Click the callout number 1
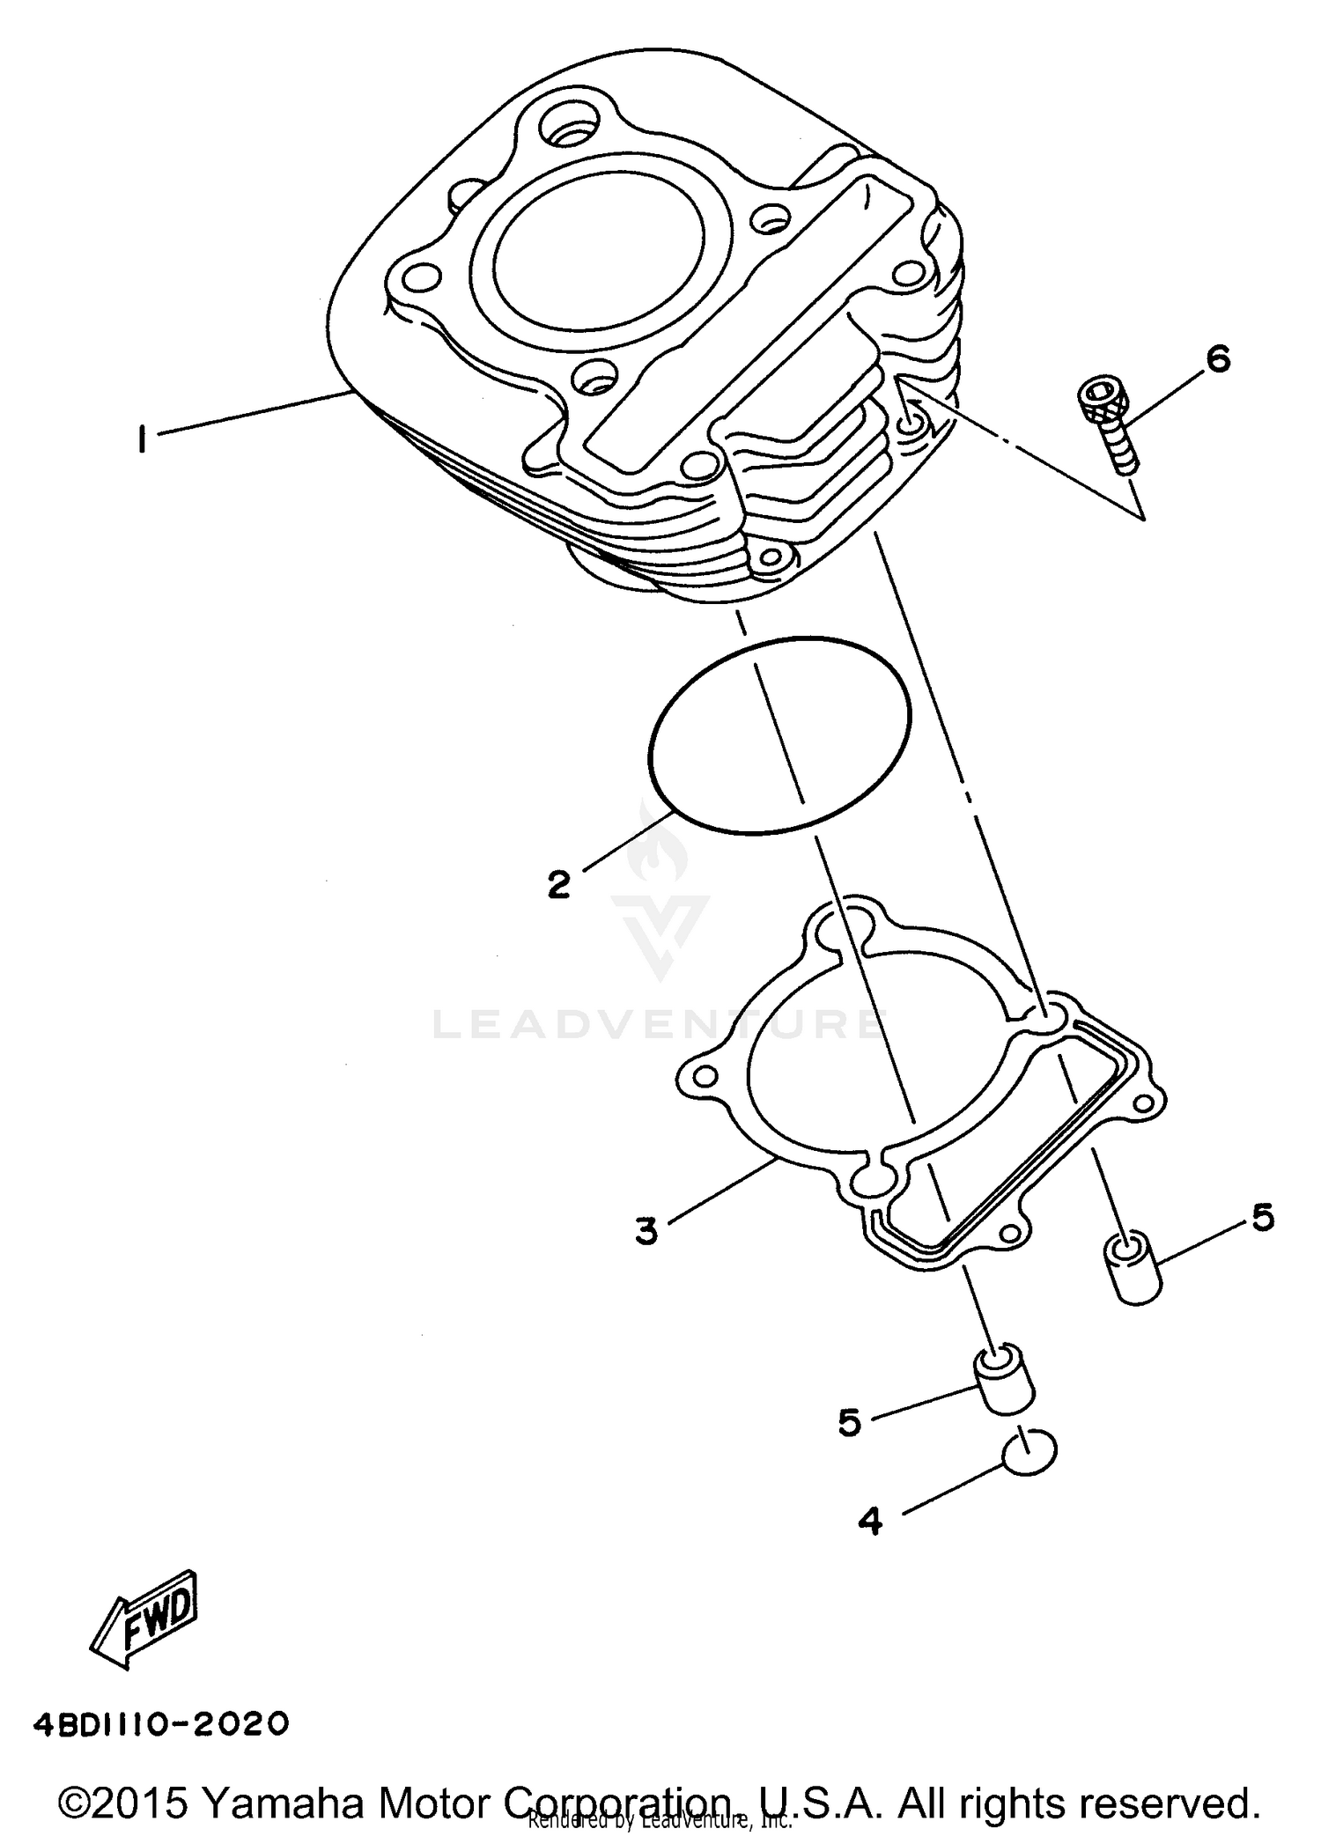click(141, 438)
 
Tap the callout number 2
click(558, 883)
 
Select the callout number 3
click(646, 1230)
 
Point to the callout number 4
click(869, 1521)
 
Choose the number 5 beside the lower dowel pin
click(849, 1422)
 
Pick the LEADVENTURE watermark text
click(656, 1024)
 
